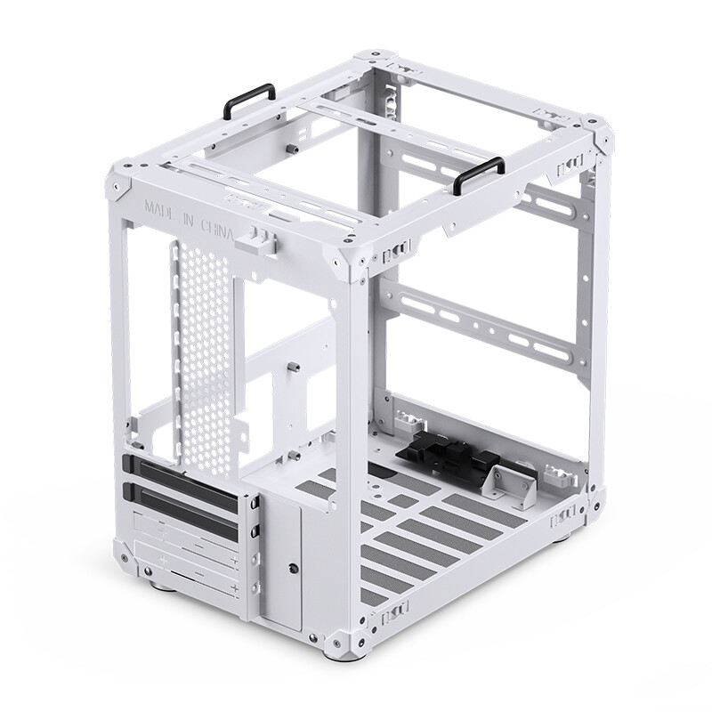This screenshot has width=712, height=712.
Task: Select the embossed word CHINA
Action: pyautogui.click(x=217, y=230)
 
